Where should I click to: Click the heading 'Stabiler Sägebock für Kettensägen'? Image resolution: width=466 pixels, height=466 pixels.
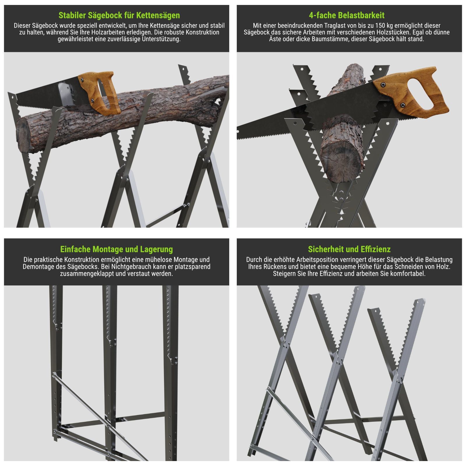[x=119, y=15]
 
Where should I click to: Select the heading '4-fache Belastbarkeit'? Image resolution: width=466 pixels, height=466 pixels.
[x=347, y=15]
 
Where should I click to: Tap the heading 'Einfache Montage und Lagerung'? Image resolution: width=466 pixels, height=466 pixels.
[x=116, y=249]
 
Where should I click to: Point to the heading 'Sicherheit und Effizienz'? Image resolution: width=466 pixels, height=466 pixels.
[x=349, y=249]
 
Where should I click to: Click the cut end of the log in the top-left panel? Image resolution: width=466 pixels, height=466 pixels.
[x=23, y=135]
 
